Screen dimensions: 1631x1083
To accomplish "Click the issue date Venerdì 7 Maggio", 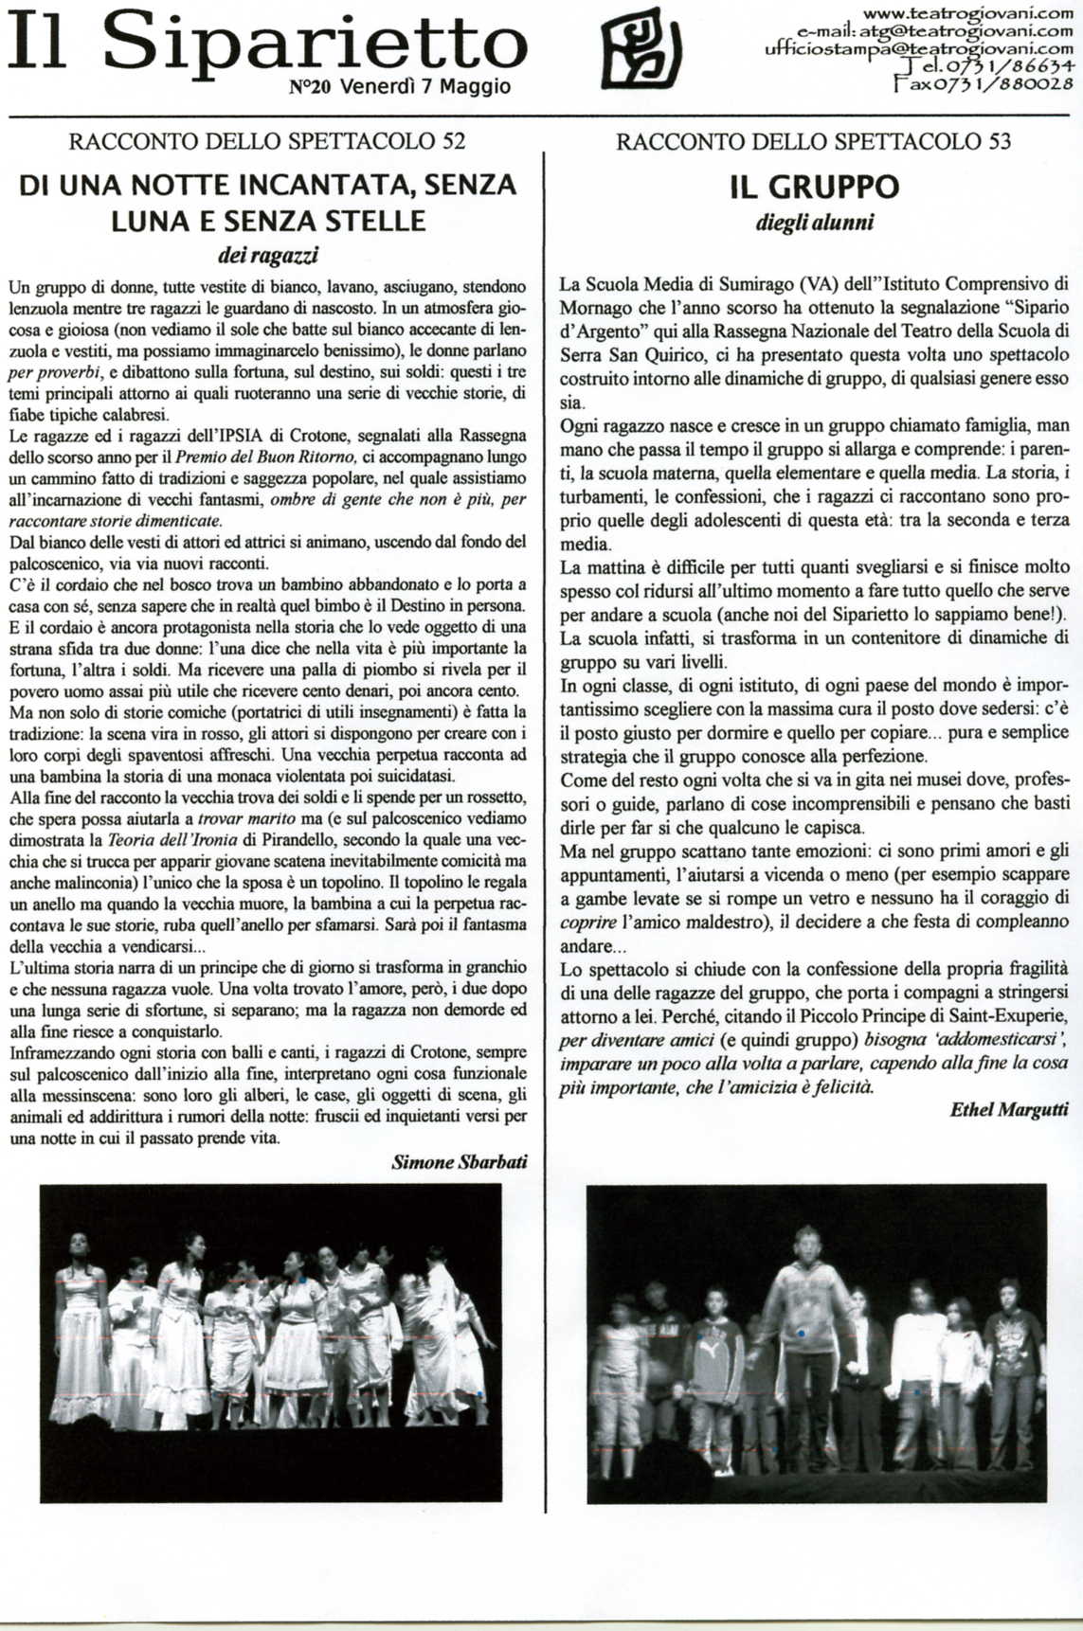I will [x=424, y=87].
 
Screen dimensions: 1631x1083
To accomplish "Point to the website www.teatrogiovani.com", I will [x=967, y=13].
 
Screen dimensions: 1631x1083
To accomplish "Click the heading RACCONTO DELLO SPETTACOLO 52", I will [x=267, y=142].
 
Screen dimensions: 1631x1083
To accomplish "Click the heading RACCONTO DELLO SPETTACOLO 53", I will [x=813, y=142].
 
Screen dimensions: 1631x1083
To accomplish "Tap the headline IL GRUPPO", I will [x=814, y=188].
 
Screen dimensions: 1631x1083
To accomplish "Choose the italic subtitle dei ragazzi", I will [x=268, y=255].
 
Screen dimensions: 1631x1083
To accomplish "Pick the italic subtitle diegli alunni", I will [x=814, y=224].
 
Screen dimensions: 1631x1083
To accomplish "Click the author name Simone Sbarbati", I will [x=460, y=1162].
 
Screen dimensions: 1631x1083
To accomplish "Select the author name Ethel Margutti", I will [x=1009, y=1110].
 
